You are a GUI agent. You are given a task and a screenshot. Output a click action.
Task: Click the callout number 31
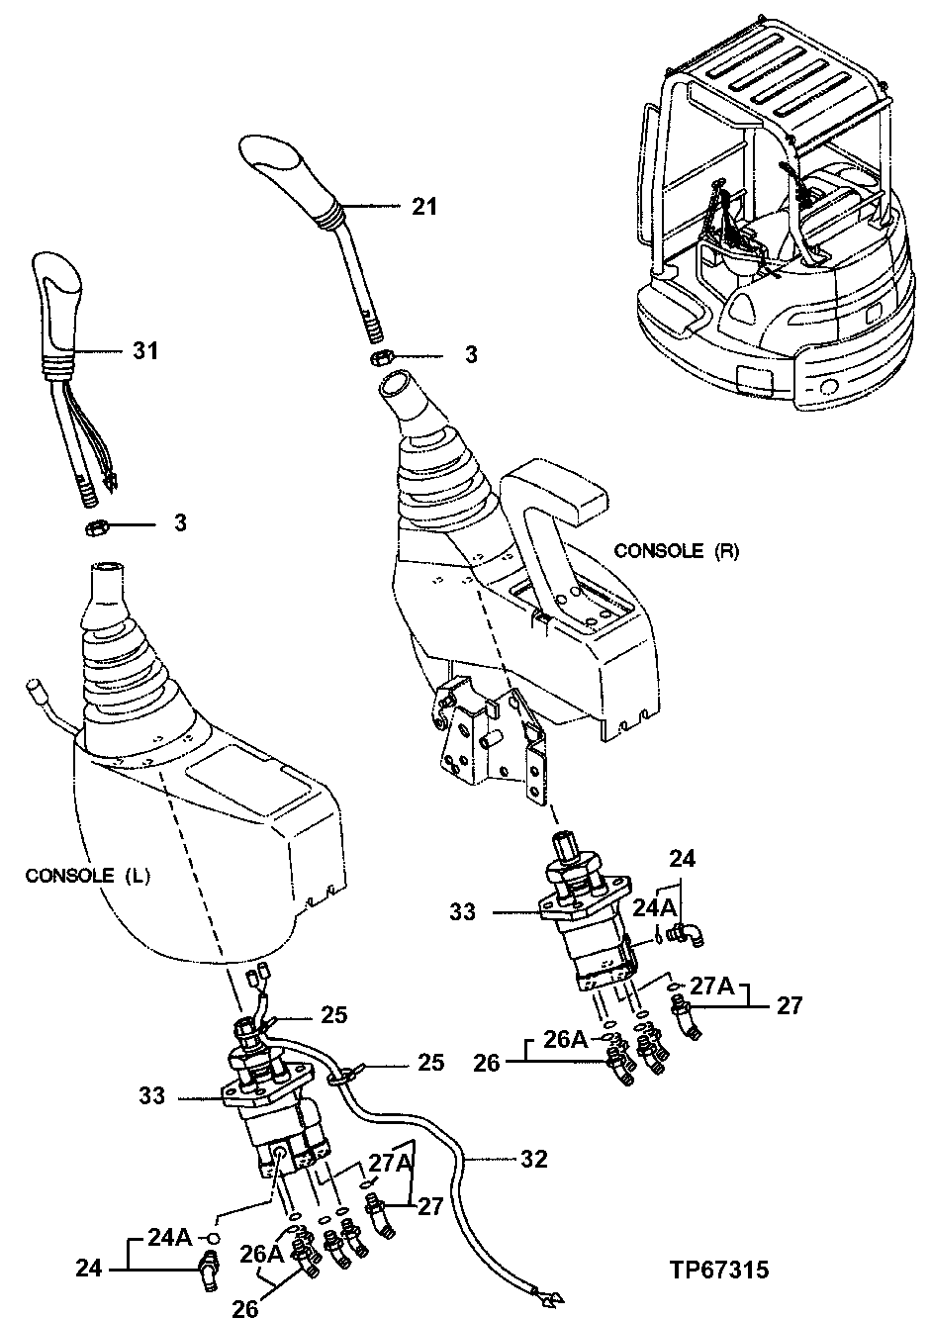pyautogui.click(x=145, y=350)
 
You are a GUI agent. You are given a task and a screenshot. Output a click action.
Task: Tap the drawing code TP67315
pyautogui.click(x=718, y=1270)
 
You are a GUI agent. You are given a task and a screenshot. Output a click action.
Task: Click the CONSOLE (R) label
pyautogui.click(x=676, y=550)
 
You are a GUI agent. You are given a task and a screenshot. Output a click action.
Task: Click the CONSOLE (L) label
pyautogui.click(x=87, y=876)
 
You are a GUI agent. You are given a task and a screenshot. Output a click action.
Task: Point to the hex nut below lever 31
pyautogui.click(x=94, y=524)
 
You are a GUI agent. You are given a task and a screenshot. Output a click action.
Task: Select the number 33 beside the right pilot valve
pyautogui.click(x=463, y=911)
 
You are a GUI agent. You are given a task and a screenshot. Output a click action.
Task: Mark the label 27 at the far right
pyautogui.click(x=788, y=1006)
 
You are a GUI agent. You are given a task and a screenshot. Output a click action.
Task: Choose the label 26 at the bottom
pyautogui.click(x=245, y=1308)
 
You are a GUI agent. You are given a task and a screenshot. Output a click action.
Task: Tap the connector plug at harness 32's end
pyautogui.click(x=545, y=1293)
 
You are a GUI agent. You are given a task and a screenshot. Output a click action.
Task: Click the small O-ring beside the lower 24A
pyautogui.click(x=212, y=1238)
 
